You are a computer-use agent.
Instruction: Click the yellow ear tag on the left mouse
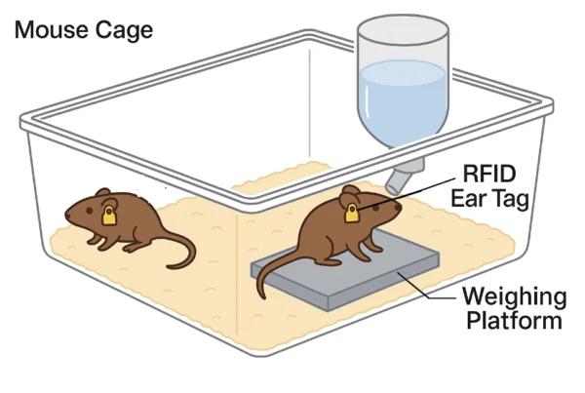click(109, 214)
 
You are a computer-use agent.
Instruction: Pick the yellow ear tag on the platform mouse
click(351, 212)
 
